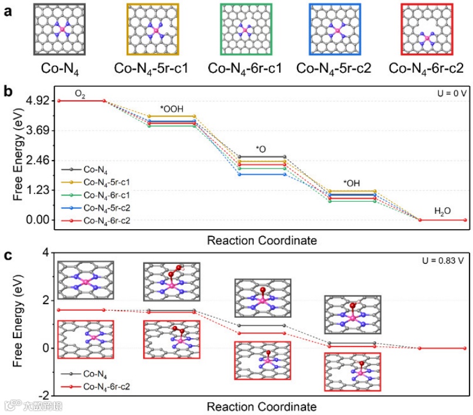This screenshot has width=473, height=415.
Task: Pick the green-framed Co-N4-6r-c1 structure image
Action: pos(246,29)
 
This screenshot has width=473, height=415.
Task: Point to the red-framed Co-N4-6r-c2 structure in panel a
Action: pos(427,29)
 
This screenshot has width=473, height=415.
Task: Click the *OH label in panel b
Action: pos(352,183)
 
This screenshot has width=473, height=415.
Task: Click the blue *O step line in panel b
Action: pos(261,174)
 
